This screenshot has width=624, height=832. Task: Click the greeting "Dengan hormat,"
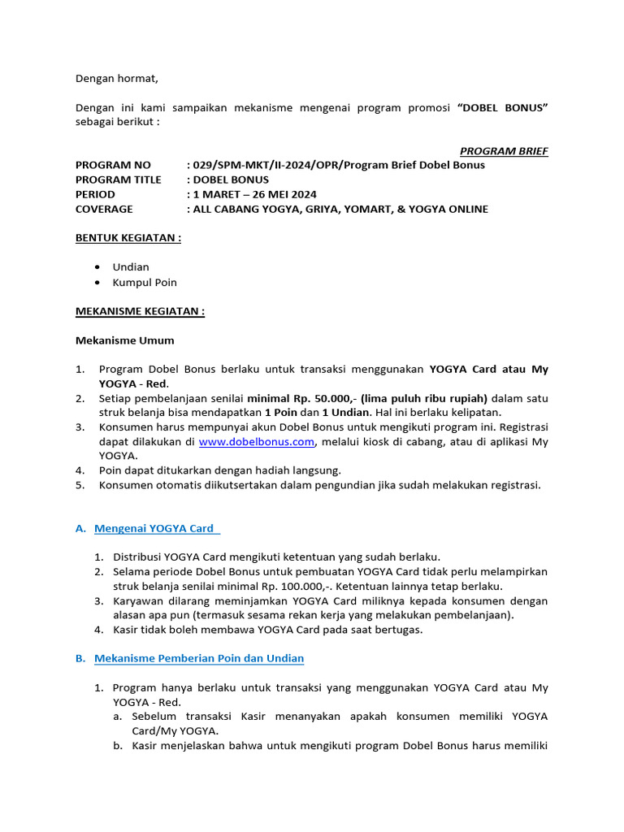point(117,79)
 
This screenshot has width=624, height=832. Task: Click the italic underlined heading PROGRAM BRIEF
point(504,150)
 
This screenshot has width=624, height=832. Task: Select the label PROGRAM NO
point(113,165)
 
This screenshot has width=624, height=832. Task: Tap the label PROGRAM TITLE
point(119,180)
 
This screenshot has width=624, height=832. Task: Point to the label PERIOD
point(96,194)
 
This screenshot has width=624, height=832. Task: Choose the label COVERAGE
point(104,209)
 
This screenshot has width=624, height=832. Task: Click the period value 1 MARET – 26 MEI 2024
point(253,194)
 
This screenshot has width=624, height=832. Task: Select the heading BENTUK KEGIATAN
point(128,238)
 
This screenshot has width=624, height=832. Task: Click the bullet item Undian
point(131,266)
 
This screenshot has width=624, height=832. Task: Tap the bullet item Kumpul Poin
point(145,282)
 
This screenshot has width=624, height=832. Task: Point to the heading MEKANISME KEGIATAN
point(140,311)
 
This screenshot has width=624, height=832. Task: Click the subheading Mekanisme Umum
point(125,340)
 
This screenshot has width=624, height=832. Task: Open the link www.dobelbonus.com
point(256,441)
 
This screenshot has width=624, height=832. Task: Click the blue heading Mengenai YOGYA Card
point(154,528)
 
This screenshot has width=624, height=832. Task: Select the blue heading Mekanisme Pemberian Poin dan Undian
point(199,658)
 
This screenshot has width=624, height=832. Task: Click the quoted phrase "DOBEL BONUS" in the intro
point(503,108)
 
